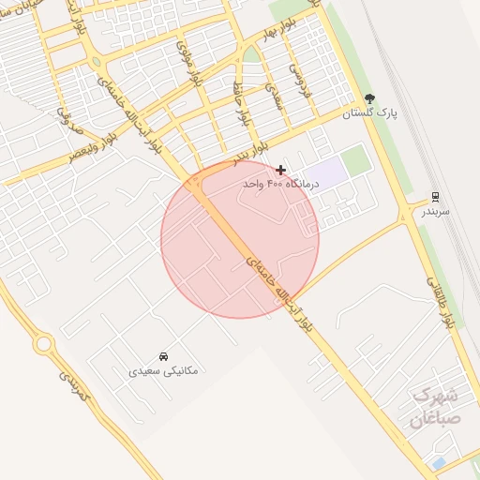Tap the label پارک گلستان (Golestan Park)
[x=369, y=113]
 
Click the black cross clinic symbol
[x=280, y=170]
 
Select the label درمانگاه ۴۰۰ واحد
[x=280, y=185]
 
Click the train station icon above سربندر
[x=434, y=197]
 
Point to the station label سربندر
[x=434, y=212]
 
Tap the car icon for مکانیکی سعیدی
[x=163, y=356]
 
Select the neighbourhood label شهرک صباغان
[x=436, y=407]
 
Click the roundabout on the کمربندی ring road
[x=42, y=344]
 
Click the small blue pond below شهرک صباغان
[x=439, y=463]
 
